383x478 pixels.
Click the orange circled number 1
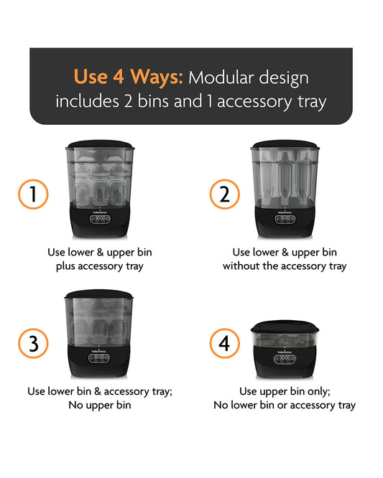coord(33,195)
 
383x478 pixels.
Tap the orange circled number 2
coord(225,195)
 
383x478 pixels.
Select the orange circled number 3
coord(33,343)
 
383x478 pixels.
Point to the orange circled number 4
coord(225,343)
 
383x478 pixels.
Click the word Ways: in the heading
coord(157,77)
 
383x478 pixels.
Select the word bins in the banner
coord(153,101)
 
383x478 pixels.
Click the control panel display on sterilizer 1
coord(100,219)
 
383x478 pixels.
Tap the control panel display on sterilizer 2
coord(285,219)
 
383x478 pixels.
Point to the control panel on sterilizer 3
coord(99,358)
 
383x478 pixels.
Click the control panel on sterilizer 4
coord(285,360)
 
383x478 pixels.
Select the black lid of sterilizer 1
coord(100,144)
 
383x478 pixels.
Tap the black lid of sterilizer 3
coord(99,294)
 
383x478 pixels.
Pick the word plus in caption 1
coord(65,266)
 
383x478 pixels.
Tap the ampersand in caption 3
coord(98,391)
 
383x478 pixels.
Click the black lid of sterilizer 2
coord(285,144)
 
